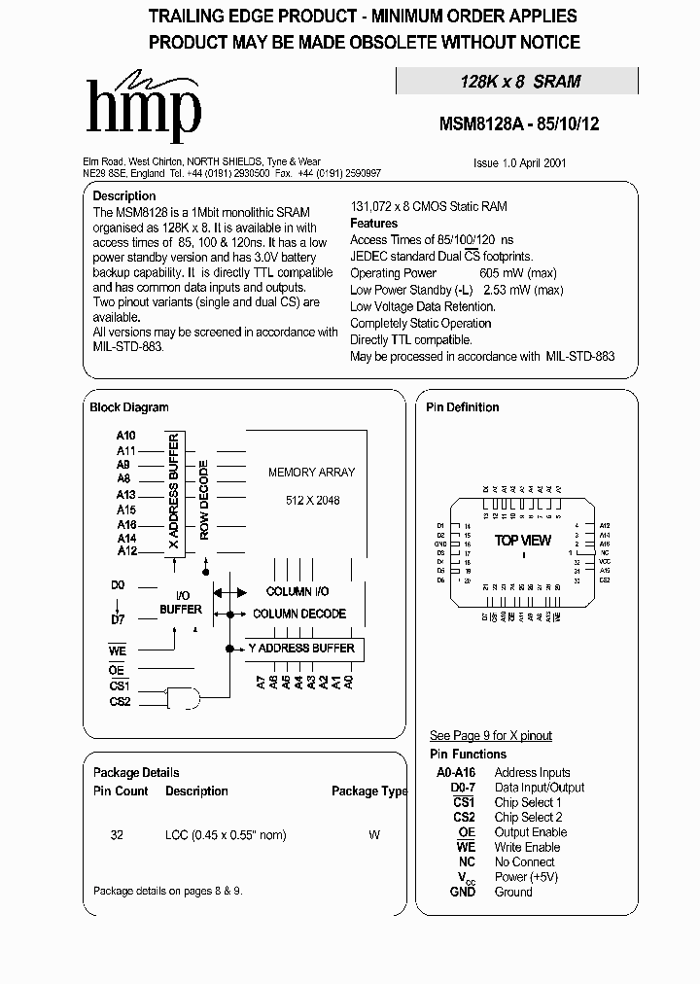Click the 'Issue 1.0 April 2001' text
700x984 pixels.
click(x=520, y=164)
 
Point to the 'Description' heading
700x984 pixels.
click(x=123, y=195)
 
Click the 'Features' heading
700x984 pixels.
click(x=373, y=223)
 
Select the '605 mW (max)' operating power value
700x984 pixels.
click(x=521, y=273)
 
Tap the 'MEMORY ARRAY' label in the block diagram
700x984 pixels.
click(x=311, y=472)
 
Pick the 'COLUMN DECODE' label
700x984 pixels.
click(x=298, y=614)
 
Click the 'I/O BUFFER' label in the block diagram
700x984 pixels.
click(x=181, y=602)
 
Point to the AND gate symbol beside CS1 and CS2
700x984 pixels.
click(x=185, y=696)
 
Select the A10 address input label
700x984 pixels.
click(x=126, y=436)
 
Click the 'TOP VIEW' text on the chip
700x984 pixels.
click(x=522, y=541)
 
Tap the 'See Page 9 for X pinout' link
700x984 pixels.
click(x=490, y=735)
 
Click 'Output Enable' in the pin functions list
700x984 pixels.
click(x=530, y=832)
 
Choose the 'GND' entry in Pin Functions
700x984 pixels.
click(x=463, y=892)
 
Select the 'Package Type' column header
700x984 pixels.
click(x=369, y=791)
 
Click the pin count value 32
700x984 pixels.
click(x=117, y=834)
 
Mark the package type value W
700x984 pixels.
click(x=374, y=834)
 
